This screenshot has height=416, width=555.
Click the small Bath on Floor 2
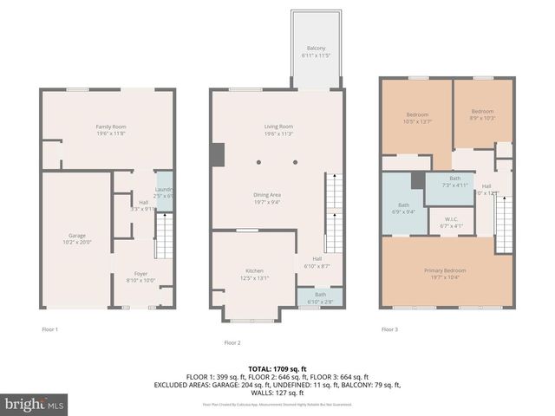point(320,296)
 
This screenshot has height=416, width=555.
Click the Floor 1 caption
point(50,328)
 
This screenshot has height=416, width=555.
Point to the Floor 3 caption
point(390,328)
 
